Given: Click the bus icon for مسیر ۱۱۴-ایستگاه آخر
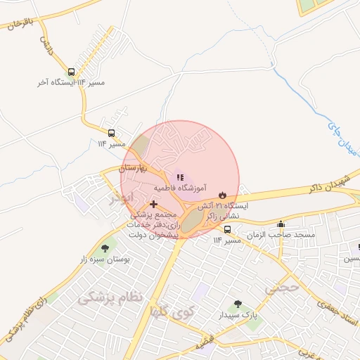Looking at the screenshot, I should (71, 72).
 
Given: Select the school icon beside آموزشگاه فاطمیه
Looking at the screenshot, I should (180, 177).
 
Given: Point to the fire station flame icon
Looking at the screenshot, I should (223, 194).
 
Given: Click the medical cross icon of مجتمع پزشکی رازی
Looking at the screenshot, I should (154, 204).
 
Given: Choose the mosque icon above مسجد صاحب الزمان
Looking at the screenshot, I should (281, 224).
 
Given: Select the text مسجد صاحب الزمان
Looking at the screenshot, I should (285, 234).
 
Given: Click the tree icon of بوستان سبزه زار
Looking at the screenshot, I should (105, 247).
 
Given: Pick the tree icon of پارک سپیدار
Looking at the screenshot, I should (238, 304).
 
